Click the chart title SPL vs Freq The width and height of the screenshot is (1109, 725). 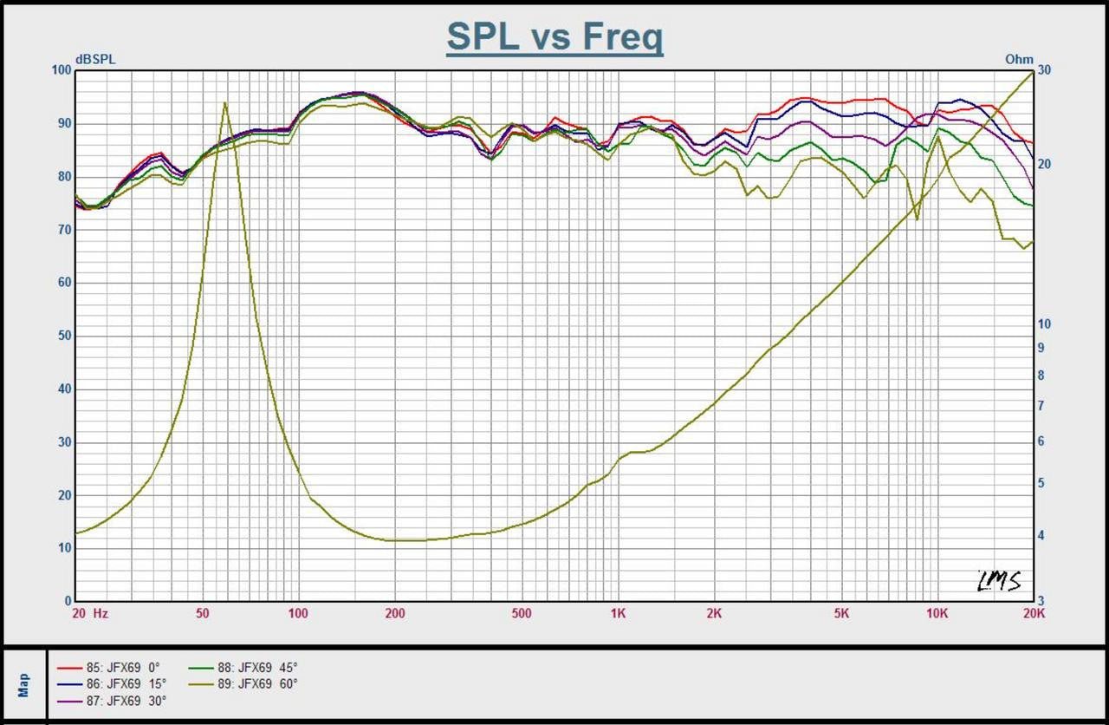[554, 37]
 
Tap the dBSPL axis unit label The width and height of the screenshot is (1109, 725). [95, 59]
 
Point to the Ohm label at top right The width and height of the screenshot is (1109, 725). [1019, 59]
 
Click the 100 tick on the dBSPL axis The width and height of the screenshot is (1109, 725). [61, 70]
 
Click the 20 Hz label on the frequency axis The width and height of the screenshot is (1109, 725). [89, 613]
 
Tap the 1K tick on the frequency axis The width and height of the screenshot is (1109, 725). [617, 613]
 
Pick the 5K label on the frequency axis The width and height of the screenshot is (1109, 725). [840, 613]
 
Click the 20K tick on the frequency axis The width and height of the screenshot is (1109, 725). [1033, 613]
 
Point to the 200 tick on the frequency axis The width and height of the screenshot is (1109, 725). [395, 613]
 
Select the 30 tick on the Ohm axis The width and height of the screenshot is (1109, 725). [1045, 70]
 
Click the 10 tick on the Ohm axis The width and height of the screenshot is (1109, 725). [1045, 324]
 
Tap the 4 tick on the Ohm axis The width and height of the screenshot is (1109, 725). [1042, 536]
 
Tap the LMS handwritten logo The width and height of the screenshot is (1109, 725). [999, 580]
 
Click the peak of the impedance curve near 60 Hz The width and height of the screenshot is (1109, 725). [225, 103]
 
